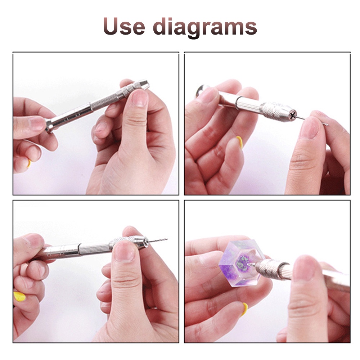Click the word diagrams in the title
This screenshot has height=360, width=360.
pyautogui.click(x=205, y=28)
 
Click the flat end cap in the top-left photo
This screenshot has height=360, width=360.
pyautogui.click(x=49, y=126)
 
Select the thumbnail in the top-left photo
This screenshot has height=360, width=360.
pyautogui.click(x=139, y=98)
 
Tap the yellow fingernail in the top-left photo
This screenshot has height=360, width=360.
pyautogui.click(x=29, y=163)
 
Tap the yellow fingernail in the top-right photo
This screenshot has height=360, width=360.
pyautogui.click(x=240, y=142)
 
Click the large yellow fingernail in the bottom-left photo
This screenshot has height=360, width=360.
pyautogui.click(x=19, y=296)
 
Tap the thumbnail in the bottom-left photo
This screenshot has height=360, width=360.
pyautogui.click(x=124, y=252)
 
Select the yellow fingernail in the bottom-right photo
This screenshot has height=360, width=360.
pyautogui.click(x=245, y=309)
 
